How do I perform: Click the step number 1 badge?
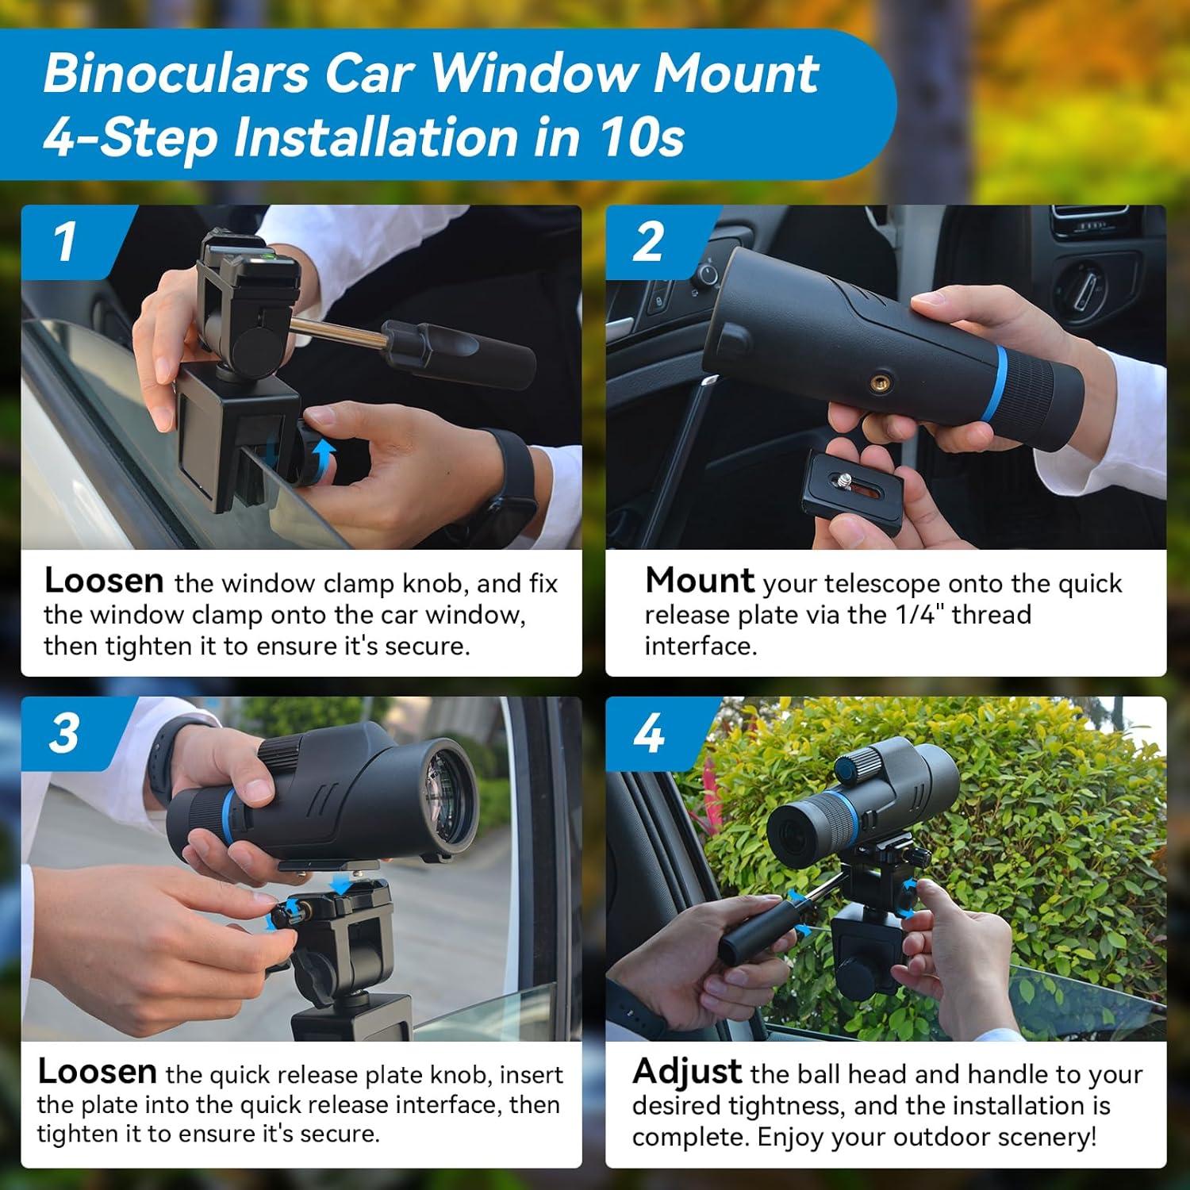[x=65, y=241]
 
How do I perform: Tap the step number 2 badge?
[x=648, y=241]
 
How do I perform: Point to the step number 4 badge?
[x=648, y=732]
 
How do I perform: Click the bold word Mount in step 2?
[x=699, y=581]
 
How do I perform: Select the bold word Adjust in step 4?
[x=687, y=1072]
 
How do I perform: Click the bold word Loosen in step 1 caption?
[x=104, y=581]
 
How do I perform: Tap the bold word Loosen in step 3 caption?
[x=97, y=1072]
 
